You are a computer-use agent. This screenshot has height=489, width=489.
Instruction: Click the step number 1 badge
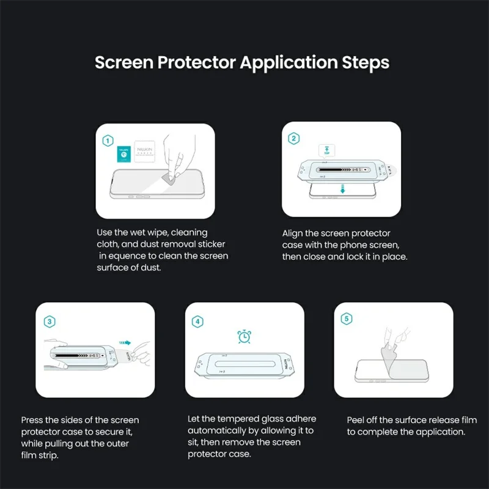coord(108,141)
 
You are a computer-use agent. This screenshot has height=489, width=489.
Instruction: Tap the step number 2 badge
coord(294,139)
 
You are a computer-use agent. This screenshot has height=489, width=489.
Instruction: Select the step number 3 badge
coord(48,320)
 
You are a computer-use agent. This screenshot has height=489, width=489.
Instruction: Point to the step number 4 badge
coord(197,320)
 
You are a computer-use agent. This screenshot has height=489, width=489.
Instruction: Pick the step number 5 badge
coord(346,318)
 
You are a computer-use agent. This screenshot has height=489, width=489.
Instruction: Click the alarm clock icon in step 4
coord(244,336)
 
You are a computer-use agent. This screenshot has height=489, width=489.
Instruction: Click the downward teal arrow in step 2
coord(343,189)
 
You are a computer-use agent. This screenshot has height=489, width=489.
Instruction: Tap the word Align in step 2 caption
coord(293,233)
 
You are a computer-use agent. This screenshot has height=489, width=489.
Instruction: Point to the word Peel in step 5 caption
coord(356,421)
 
